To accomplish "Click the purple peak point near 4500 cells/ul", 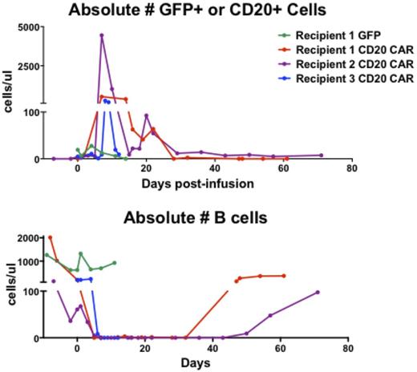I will click(x=101, y=35).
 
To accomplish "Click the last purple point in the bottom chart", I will click(x=318, y=292).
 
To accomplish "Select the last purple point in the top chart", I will click(x=321, y=156).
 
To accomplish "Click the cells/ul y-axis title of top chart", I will click(x=7, y=93).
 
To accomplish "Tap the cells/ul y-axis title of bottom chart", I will click(x=7, y=285).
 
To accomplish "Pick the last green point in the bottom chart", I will click(x=115, y=262).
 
